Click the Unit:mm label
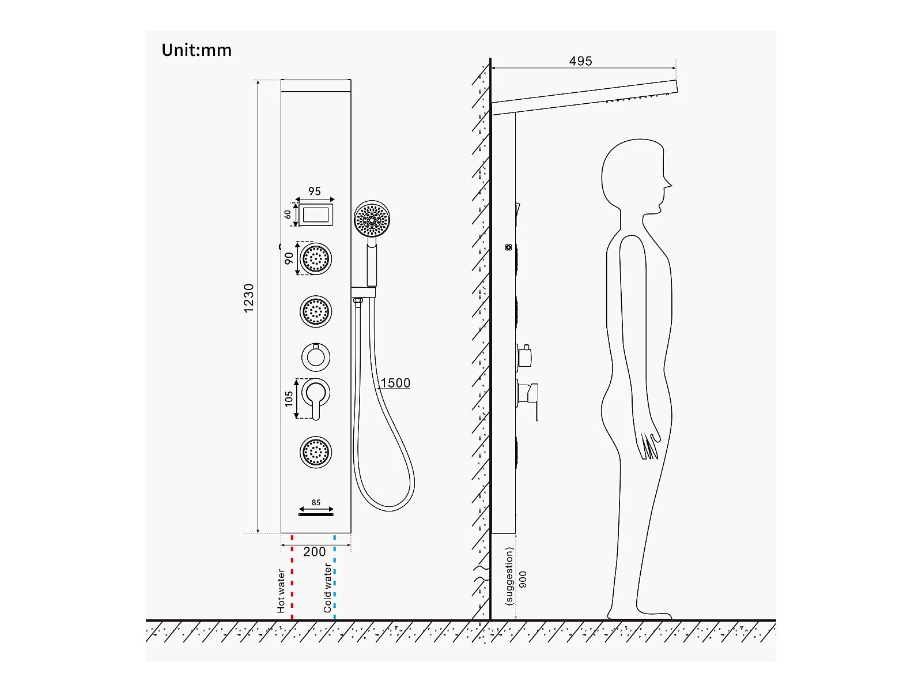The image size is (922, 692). tap(197, 50)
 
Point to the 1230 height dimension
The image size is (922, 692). tap(248, 298)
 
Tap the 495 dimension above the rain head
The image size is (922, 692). tap(580, 61)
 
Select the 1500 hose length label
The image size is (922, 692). tap(395, 383)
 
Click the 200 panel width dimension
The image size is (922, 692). tap(315, 552)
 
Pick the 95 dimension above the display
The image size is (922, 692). tap(315, 191)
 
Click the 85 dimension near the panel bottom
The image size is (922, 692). tap(316, 502)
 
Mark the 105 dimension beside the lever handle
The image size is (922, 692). tap(289, 398)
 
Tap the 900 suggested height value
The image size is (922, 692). tap(523, 580)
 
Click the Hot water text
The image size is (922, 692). tap(281, 591)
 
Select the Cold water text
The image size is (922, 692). tap(327, 588)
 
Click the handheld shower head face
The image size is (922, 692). tap(372, 219)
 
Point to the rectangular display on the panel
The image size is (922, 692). tap(316, 215)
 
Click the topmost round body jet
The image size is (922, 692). tap(316, 258)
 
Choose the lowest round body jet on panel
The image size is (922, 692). tap(316, 451)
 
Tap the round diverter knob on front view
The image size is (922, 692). tap(316, 357)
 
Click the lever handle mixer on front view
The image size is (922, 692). tap(316, 396)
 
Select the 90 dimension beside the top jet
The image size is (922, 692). tap(289, 258)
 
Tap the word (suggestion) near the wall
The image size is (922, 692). tap(509, 576)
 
